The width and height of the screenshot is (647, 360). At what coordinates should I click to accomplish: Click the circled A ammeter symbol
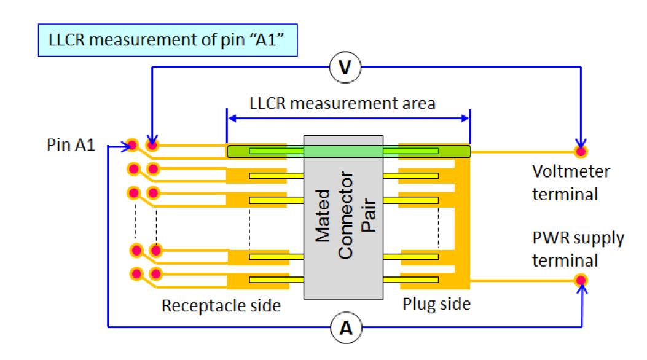pyautogui.click(x=347, y=329)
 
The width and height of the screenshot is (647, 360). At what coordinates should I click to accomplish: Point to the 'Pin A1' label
pyautogui.click(x=71, y=146)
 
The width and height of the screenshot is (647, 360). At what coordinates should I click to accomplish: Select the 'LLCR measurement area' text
pyautogui.click(x=342, y=103)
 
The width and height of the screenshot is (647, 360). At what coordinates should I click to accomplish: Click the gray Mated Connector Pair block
pyautogui.click(x=343, y=217)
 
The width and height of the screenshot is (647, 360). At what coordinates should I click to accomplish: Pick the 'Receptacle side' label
pyautogui.click(x=221, y=305)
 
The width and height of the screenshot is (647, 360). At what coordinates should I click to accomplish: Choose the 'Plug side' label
pyautogui.click(x=436, y=304)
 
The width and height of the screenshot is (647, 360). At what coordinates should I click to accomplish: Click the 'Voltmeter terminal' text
pyautogui.click(x=571, y=182)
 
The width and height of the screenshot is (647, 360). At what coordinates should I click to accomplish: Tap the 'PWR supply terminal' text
pyautogui.click(x=578, y=249)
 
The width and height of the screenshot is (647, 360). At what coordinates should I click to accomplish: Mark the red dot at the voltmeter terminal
pyautogui.click(x=580, y=151)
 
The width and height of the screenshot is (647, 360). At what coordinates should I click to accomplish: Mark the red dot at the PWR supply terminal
pyautogui.click(x=580, y=281)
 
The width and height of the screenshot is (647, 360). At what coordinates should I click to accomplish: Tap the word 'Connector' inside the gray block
pyautogui.click(x=345, y=216)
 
